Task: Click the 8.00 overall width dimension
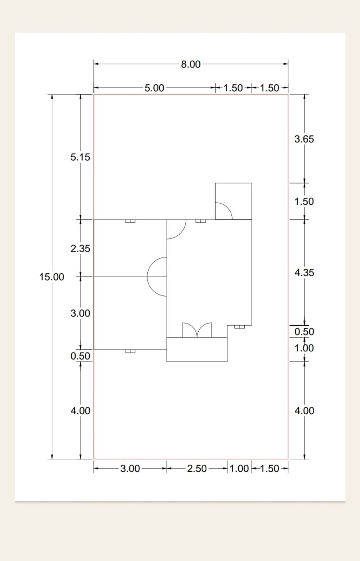coord(191,64)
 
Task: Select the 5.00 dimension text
coord(154,88)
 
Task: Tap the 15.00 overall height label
coord(52,277)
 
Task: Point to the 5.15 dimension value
coord(80,157)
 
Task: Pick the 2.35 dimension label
coord(80,249)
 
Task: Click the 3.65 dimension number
coord(304,139)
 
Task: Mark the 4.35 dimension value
coord(304,273)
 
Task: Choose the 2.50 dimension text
coord(197,468)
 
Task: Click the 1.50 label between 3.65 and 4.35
coord(304,201)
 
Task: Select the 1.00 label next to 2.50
coord(239,468)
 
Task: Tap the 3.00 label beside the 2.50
coord(130,468)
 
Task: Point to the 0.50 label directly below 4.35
coord(304,332)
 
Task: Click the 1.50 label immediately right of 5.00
coord(233,88)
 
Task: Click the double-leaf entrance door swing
coord(197,330)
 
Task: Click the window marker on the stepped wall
coord(239,327)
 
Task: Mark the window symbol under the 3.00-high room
coord(130,351)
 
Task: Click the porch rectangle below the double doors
coord(197,350)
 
